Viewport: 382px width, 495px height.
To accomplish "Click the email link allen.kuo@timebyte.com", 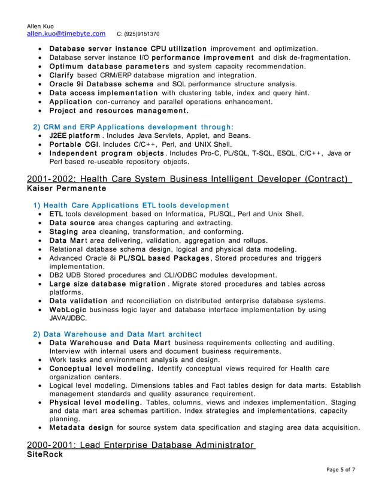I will tap(66, 34).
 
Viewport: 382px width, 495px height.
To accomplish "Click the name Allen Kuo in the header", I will tap(41, 26).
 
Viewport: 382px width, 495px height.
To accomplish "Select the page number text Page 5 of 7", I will tap(341, 469).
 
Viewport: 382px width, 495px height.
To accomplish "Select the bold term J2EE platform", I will tap(74, 136).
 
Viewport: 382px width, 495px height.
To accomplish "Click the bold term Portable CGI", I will tap(74, 144).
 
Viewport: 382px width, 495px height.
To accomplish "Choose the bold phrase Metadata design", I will tap(81, 427).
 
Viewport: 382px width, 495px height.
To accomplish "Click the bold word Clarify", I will tap(62, 75).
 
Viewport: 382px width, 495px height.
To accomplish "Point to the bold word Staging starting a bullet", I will tap(64, 231).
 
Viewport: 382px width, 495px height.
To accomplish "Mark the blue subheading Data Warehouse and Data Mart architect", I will tap(118, 334).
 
